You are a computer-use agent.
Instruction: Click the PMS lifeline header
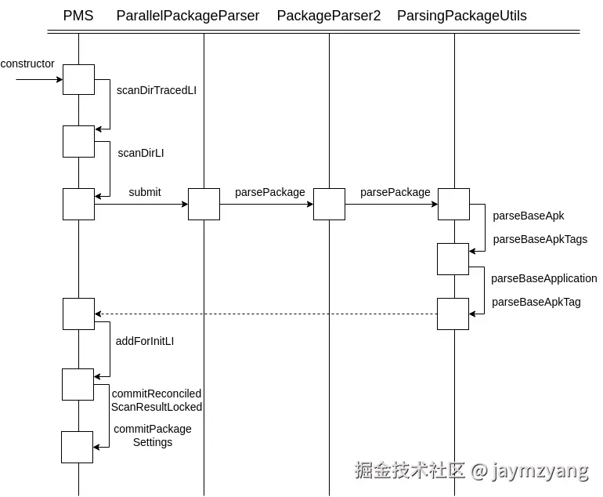tap(78, 16)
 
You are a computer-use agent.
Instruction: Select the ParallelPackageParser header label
tap(188, 16)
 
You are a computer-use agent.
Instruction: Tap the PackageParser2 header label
tap(329, 16)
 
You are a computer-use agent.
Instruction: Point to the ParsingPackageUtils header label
tap(462, 16)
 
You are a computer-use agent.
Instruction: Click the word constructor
tap(28, 63)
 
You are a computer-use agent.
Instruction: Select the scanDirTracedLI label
tap(157, 90)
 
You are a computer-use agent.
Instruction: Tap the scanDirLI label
tap(141, 153)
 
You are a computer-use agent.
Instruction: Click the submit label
tap(145, 192)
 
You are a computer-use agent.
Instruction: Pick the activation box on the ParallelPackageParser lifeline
tap(204, 205)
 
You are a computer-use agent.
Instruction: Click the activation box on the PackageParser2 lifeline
tap(329, 205)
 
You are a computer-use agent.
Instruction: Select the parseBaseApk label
tap(529, 216)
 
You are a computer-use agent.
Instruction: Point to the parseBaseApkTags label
tap(540, 239)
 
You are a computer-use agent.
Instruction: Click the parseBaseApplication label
tap(544, 278)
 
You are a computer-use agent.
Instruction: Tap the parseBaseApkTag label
tap(536, 302)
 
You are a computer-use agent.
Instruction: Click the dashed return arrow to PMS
tap(266, 314)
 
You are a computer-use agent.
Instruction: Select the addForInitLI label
tap(145, 341)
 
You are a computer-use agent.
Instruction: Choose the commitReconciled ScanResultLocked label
tap(157, 400)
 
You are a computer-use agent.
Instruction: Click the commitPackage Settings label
tap(153, 435)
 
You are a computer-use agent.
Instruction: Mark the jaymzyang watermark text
tap(540, 470)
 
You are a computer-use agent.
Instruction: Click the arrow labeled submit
tap(141, 205)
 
